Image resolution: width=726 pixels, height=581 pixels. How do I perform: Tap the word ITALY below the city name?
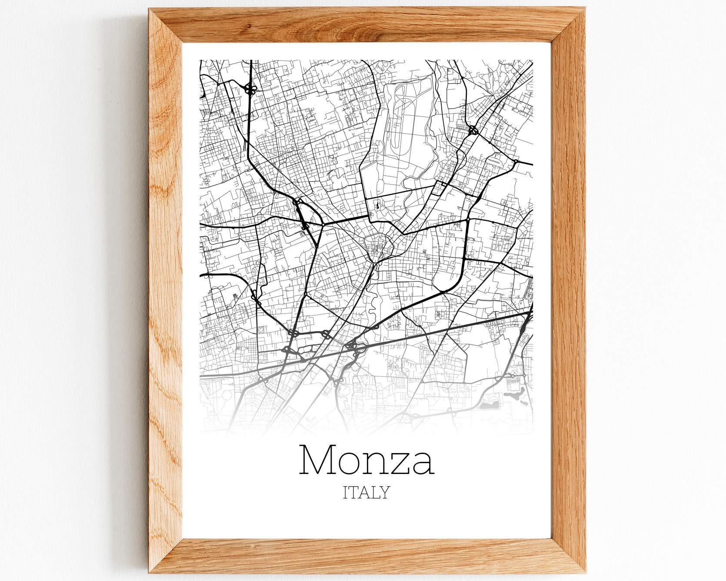click(366, 493)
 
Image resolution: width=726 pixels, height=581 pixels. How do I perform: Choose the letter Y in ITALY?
click(384, 493)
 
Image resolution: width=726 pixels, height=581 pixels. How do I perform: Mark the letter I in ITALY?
click(346, 493)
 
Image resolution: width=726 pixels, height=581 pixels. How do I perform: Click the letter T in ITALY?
click(353, 493)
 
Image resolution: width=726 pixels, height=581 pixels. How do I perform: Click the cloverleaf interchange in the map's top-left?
click(250, 90)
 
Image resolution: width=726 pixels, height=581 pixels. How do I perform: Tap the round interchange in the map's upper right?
click(473, 130)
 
